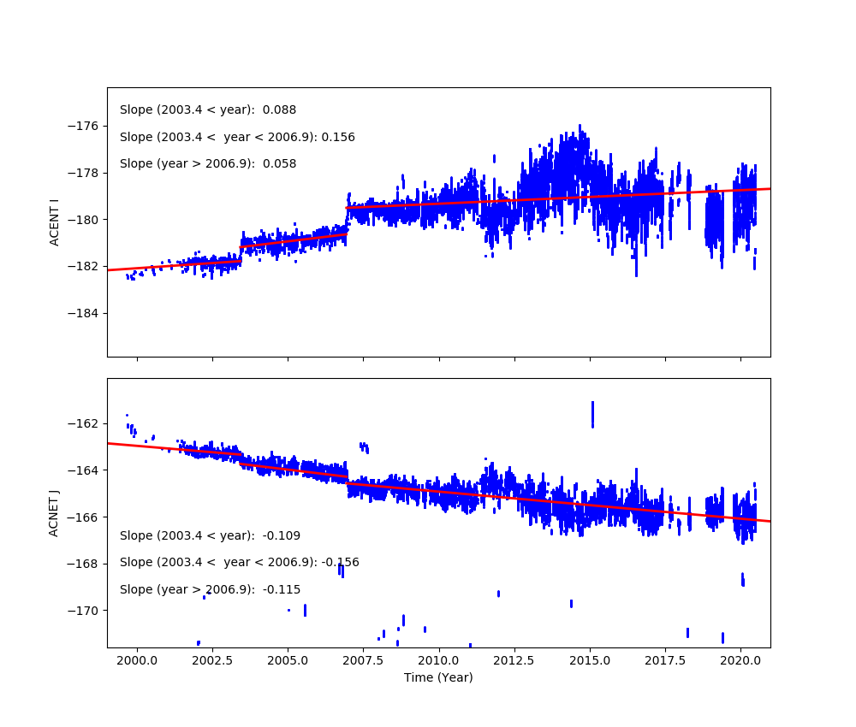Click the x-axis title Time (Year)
tap(438, 677)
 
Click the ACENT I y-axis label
tap(54, 222)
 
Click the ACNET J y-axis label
tap(54, 512)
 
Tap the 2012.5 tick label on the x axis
tap(514, 661)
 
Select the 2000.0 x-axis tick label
tap(137, 661)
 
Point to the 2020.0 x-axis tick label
tap(741, 661)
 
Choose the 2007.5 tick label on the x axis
tap(364, 661)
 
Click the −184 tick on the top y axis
tap(85, 313)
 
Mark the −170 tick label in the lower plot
tap(85, 611)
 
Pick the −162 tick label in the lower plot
tap(85, 424)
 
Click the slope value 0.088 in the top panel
tap(279, 110)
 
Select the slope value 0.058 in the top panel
tap(279, 164)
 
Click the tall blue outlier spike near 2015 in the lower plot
tap(592, 414)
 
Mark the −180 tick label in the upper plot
tap(85, 220)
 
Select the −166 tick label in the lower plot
tap(85, 517)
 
